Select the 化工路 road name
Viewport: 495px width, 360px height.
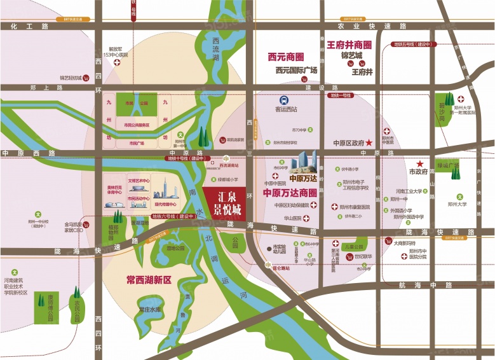29,27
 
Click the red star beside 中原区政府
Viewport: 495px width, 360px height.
369,144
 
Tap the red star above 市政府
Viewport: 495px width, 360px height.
419,163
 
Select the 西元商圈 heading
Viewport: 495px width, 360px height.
286,57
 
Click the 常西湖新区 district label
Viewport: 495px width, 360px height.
149,279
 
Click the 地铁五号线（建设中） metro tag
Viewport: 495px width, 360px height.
413,45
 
